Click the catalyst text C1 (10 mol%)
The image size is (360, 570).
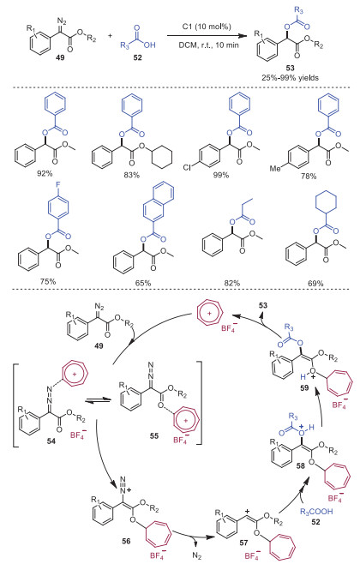click(207, 27)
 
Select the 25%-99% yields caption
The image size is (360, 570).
click(290, 77)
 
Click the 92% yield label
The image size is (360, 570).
click(45, 173)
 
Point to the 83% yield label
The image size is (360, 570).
click(131, 175)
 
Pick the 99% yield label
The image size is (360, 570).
click(221, 175)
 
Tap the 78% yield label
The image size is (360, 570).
click(309, 176)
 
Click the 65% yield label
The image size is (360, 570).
click(143, 283)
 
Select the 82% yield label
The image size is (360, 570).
click(232, 283)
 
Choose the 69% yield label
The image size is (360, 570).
click(315, 283)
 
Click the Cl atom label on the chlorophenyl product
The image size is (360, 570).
click(187, 167)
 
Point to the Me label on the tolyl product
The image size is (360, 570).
click(274, 168)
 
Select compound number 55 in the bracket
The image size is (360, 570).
click(153, 435)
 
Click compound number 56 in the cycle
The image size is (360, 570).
click(126, 541)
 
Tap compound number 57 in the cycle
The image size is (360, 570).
click(243, 543)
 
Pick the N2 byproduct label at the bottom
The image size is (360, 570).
click(197, 556)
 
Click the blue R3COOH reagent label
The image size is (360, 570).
click(316, 512)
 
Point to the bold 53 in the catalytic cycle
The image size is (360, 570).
click(263, 305)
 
